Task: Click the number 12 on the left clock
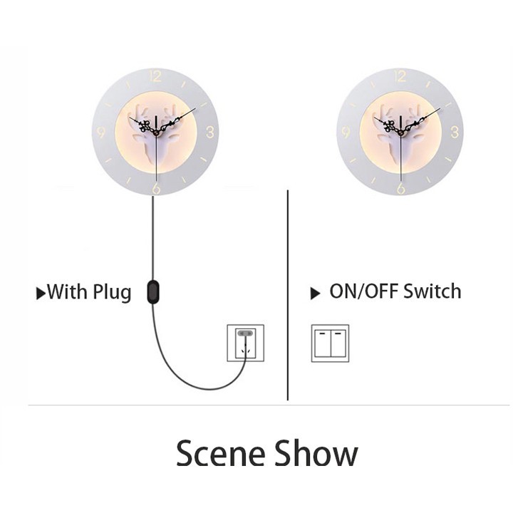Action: (x=156, y=76)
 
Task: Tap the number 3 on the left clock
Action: (x=210, y=131)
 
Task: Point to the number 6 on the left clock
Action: (x=156, y=187)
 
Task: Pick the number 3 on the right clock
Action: (x=455, y=131)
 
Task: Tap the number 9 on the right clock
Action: (x=346, y=131)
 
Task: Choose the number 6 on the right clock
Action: (x=400, y=187)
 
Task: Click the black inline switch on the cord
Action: (x=152, y=291)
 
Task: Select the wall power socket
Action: (x=245, y=343)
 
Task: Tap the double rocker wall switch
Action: (x=330, y=343)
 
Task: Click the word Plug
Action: (x=112, y=292)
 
